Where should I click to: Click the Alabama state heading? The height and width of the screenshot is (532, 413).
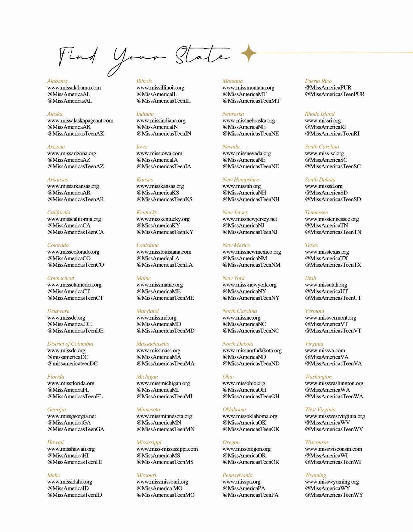[57, 81]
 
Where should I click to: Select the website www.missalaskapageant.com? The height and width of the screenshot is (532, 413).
[80, 120]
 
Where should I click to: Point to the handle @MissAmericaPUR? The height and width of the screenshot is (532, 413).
[328, 88]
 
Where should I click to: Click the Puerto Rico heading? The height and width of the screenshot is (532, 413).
[318, 81]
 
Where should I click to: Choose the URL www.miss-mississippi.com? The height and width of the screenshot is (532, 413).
[167, 449]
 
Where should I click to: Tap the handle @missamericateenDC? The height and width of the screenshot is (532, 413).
[72, 363]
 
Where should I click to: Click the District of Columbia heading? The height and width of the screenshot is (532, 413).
[70, 344]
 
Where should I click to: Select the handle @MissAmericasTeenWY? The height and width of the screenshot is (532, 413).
[334, 495]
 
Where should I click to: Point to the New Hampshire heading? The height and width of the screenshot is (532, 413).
[240, 180]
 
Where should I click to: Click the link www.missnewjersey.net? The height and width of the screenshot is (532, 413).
[249, 219]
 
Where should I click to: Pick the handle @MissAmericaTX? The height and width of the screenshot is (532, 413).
[326, 258]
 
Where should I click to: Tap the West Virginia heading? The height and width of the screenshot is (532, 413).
[320, 410]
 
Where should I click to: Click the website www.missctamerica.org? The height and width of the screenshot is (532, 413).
[74, 285]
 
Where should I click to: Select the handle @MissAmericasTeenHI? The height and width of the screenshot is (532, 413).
[75, 462]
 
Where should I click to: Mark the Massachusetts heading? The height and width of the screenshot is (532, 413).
[153, 344]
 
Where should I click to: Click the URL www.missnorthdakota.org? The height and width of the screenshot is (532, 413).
[252, 350]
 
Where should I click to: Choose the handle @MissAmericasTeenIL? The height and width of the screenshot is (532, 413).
[163, 101]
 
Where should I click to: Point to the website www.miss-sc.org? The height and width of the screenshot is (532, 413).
[324, 153]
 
